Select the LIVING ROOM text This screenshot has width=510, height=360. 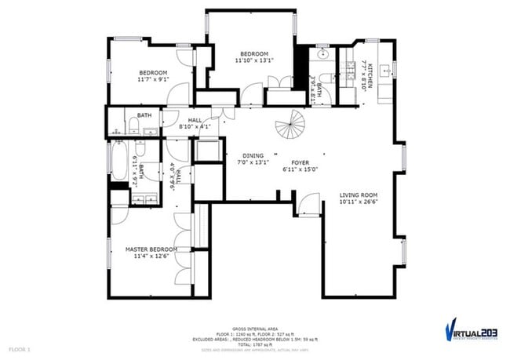click(x=359, y=195)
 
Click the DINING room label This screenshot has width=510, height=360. click(x=253, y=155)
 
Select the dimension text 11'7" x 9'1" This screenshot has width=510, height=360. click(x=153, y=79)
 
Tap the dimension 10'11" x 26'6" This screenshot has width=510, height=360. click(x=359, y=202)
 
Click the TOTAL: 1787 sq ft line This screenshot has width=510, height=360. click(x=254, y=344)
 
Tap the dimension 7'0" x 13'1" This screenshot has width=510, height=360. click(x=253, y=162)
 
